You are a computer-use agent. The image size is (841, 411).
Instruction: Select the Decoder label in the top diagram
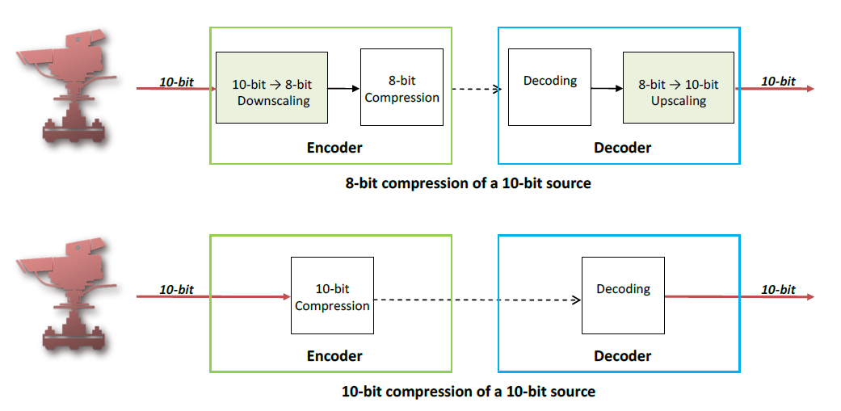622,148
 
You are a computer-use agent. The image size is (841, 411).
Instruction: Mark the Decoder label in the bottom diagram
622,356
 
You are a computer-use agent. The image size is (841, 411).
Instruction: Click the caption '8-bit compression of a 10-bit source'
468,183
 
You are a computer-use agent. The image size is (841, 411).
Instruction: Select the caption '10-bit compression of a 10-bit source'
468,392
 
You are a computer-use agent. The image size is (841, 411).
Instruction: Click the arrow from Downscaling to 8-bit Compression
343,88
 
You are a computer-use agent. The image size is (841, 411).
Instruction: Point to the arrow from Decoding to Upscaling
607,88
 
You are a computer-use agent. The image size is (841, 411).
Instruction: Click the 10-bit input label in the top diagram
175,82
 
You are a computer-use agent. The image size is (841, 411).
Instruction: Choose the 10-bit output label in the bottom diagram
778,289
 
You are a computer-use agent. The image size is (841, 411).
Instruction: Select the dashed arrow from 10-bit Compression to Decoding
477,300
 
